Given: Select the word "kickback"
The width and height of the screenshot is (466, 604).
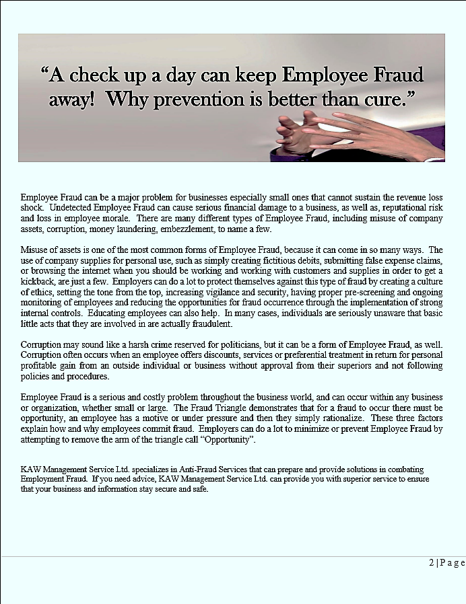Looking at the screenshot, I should [39, 280].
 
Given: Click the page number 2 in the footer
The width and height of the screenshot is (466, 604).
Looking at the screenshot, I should [432, 563].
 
